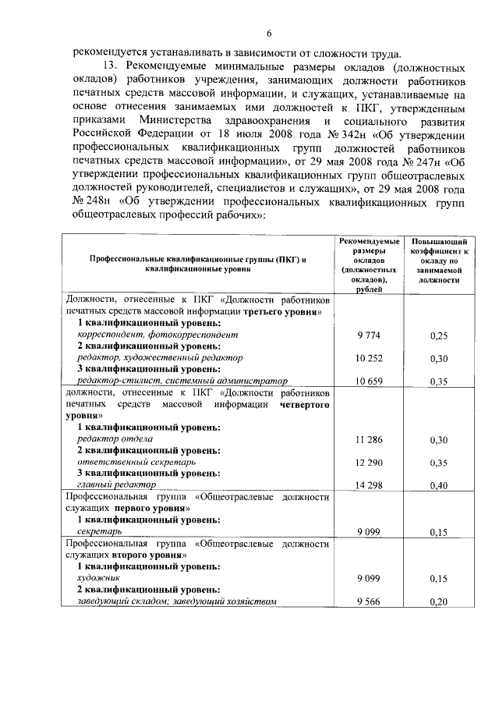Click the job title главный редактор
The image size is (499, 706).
tap(102, 485)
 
